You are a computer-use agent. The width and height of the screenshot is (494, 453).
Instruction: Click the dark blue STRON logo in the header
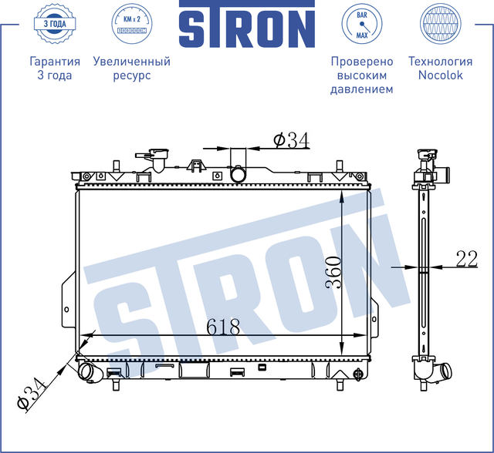(247, 27)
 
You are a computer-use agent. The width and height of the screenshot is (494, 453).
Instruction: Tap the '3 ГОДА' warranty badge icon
(54, 24)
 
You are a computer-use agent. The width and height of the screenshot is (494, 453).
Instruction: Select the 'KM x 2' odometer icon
(130, 24)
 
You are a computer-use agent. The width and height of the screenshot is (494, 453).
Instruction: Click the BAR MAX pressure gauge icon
(361, 24)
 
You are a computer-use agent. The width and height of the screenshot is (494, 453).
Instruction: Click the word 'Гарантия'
(54, 62)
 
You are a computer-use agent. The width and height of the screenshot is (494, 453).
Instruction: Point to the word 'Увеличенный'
(131, 62)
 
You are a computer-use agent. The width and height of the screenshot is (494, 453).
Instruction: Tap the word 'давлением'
(361, 89)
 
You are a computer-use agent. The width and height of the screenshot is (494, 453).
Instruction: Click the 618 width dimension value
(224, 327)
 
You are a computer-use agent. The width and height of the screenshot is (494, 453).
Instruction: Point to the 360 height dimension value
(332, 272)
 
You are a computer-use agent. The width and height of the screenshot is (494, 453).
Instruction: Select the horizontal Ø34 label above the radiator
(291, 139)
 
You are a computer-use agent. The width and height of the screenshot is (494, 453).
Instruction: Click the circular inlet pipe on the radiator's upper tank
(240, 174)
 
